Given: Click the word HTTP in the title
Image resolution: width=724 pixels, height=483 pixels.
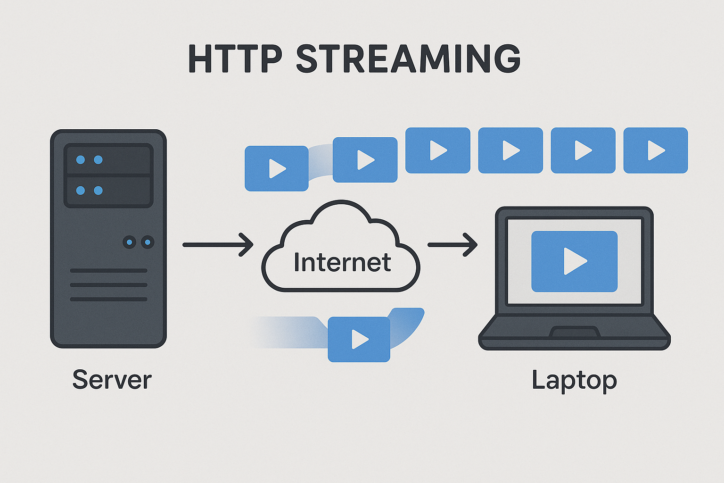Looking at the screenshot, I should tap(235, 59).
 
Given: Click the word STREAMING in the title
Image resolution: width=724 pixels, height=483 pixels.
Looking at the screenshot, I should tap(408, 59).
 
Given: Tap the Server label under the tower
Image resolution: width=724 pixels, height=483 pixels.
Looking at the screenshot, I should tap(112, 380).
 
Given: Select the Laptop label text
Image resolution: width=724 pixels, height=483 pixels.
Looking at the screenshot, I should tap(574, 381).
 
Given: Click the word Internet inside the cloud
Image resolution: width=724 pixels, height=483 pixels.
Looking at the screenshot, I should tap(342, 262).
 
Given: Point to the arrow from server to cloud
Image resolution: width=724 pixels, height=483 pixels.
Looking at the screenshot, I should tap(218, 244).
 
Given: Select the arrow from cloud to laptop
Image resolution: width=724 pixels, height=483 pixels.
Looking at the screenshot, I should tap(452, 244).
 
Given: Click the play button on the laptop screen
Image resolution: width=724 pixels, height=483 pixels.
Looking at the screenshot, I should tap(575, 261).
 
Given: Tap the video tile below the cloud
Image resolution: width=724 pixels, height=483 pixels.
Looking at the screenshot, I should tap(359, 339).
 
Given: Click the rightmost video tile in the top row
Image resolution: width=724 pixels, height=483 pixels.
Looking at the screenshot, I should tap(656, 150).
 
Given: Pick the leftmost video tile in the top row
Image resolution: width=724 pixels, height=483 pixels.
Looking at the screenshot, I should tap(277, 168).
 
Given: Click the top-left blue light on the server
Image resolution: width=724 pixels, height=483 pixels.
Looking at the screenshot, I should tap(81, 159).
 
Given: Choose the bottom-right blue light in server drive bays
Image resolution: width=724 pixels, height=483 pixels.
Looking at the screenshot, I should tap(98, 191).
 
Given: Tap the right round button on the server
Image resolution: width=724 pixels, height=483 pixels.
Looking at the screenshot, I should tap(148, 242).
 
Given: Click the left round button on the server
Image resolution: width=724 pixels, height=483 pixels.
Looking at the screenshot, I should tap(130, 242).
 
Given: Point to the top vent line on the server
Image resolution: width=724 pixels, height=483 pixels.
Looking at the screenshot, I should tap(108, 271).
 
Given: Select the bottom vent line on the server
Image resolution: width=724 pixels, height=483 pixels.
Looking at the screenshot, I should tap(108, 299).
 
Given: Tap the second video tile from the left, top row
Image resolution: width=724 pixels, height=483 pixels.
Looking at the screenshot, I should tap(365, 159).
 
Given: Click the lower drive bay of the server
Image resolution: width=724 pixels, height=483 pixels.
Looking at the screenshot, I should tap(108, 191).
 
